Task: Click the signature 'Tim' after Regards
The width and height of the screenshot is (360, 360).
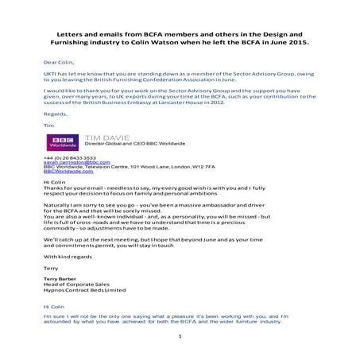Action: tap(47, 124)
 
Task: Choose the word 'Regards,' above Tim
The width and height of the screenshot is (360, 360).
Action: tap(55, 114)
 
